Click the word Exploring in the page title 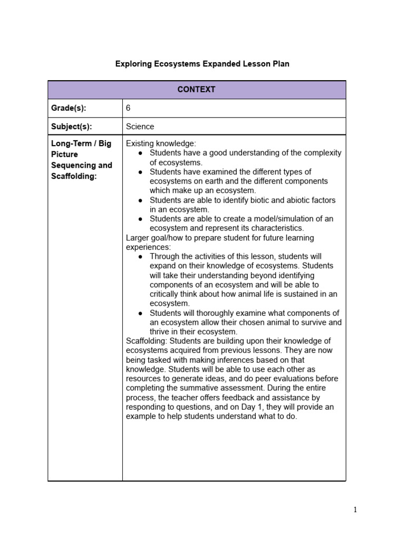132,64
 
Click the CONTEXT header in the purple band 196,90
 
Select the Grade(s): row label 69,108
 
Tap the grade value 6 128,108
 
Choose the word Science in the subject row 140,127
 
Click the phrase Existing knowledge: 161,143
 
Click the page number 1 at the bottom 355,510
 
